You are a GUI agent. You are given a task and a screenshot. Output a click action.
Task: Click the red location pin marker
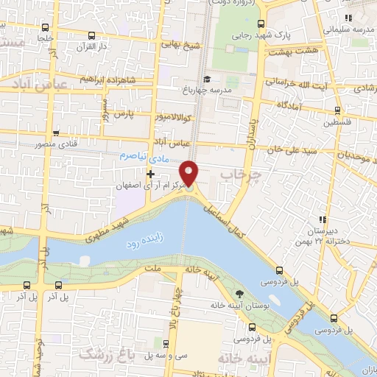pyautogui.click(x=190, y=173)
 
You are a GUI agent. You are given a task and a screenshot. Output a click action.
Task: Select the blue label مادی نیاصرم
pyautogui.click(x=144, y=157)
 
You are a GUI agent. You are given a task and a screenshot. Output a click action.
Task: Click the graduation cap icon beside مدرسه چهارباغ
pyautogui.click(x=208, y=79)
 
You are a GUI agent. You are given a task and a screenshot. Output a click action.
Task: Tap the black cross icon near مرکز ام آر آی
pyautogui.click(x=151, y=175)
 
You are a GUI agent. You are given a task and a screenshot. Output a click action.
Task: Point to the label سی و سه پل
pyautogui.click(x=146, y=356)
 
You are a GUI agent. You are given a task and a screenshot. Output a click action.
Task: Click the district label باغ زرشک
pyautogui.click(x=102, y=355)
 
